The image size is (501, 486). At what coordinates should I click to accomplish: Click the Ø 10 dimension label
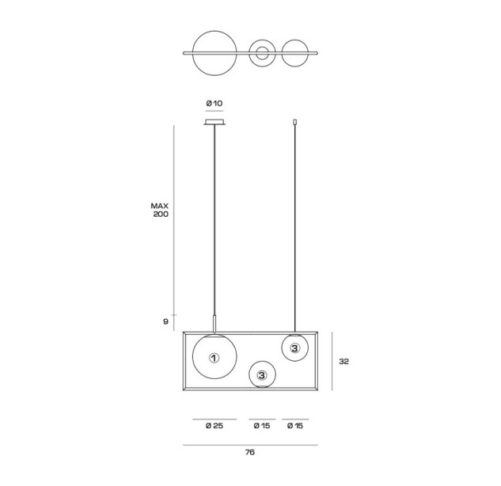point(214,103)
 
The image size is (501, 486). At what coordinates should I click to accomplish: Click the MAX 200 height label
point(160,210)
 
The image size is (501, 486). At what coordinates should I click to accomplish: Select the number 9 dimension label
point(165,321)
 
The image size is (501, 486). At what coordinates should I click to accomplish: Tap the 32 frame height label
point(343,362)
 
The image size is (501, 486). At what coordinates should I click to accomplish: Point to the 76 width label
point(250,452)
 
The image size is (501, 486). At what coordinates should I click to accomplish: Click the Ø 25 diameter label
point(214,426)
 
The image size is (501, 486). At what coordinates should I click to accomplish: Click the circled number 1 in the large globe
point(214,358)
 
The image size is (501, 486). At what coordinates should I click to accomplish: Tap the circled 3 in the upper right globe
point(294,348)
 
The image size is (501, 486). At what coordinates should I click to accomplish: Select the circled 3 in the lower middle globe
point(262,375)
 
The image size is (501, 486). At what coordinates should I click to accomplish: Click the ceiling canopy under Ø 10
point(214,122)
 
